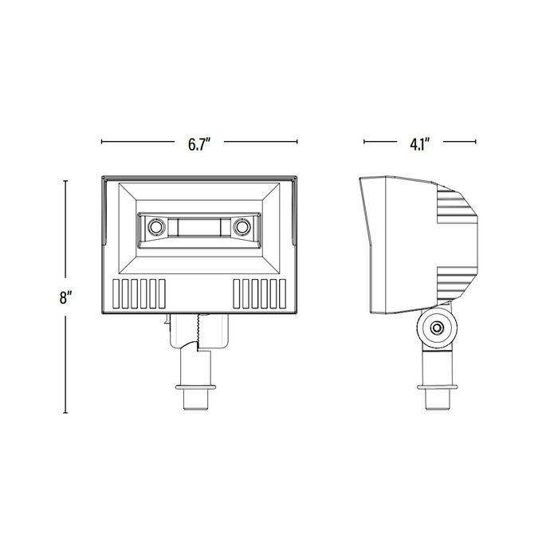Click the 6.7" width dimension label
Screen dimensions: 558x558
coord(199,143)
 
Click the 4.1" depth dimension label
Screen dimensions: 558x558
coord(420,143)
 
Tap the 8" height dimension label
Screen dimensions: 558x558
coord(64,297)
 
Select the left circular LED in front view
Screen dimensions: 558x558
coord(155,226)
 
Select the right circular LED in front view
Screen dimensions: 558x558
coord(242,226)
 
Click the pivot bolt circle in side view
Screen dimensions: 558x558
coord(436,328)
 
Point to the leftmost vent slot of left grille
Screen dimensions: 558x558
coord(116,293)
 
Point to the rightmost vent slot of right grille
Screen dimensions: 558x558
coord(282,293)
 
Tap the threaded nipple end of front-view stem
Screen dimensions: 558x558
coord(196,400)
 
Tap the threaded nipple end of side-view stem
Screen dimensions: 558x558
coord(437,400)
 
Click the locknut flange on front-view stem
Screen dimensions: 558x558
coord(196,387)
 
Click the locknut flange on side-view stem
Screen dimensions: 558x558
coord(437,387)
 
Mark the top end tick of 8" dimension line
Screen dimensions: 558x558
coord(65,181)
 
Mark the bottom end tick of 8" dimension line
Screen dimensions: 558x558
coord(65,413)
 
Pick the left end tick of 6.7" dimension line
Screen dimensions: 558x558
coord(102,142)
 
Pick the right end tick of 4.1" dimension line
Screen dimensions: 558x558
coord(476,142)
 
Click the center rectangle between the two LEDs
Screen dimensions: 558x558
coord(199,227)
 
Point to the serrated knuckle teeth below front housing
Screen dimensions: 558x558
coord(197,332)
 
